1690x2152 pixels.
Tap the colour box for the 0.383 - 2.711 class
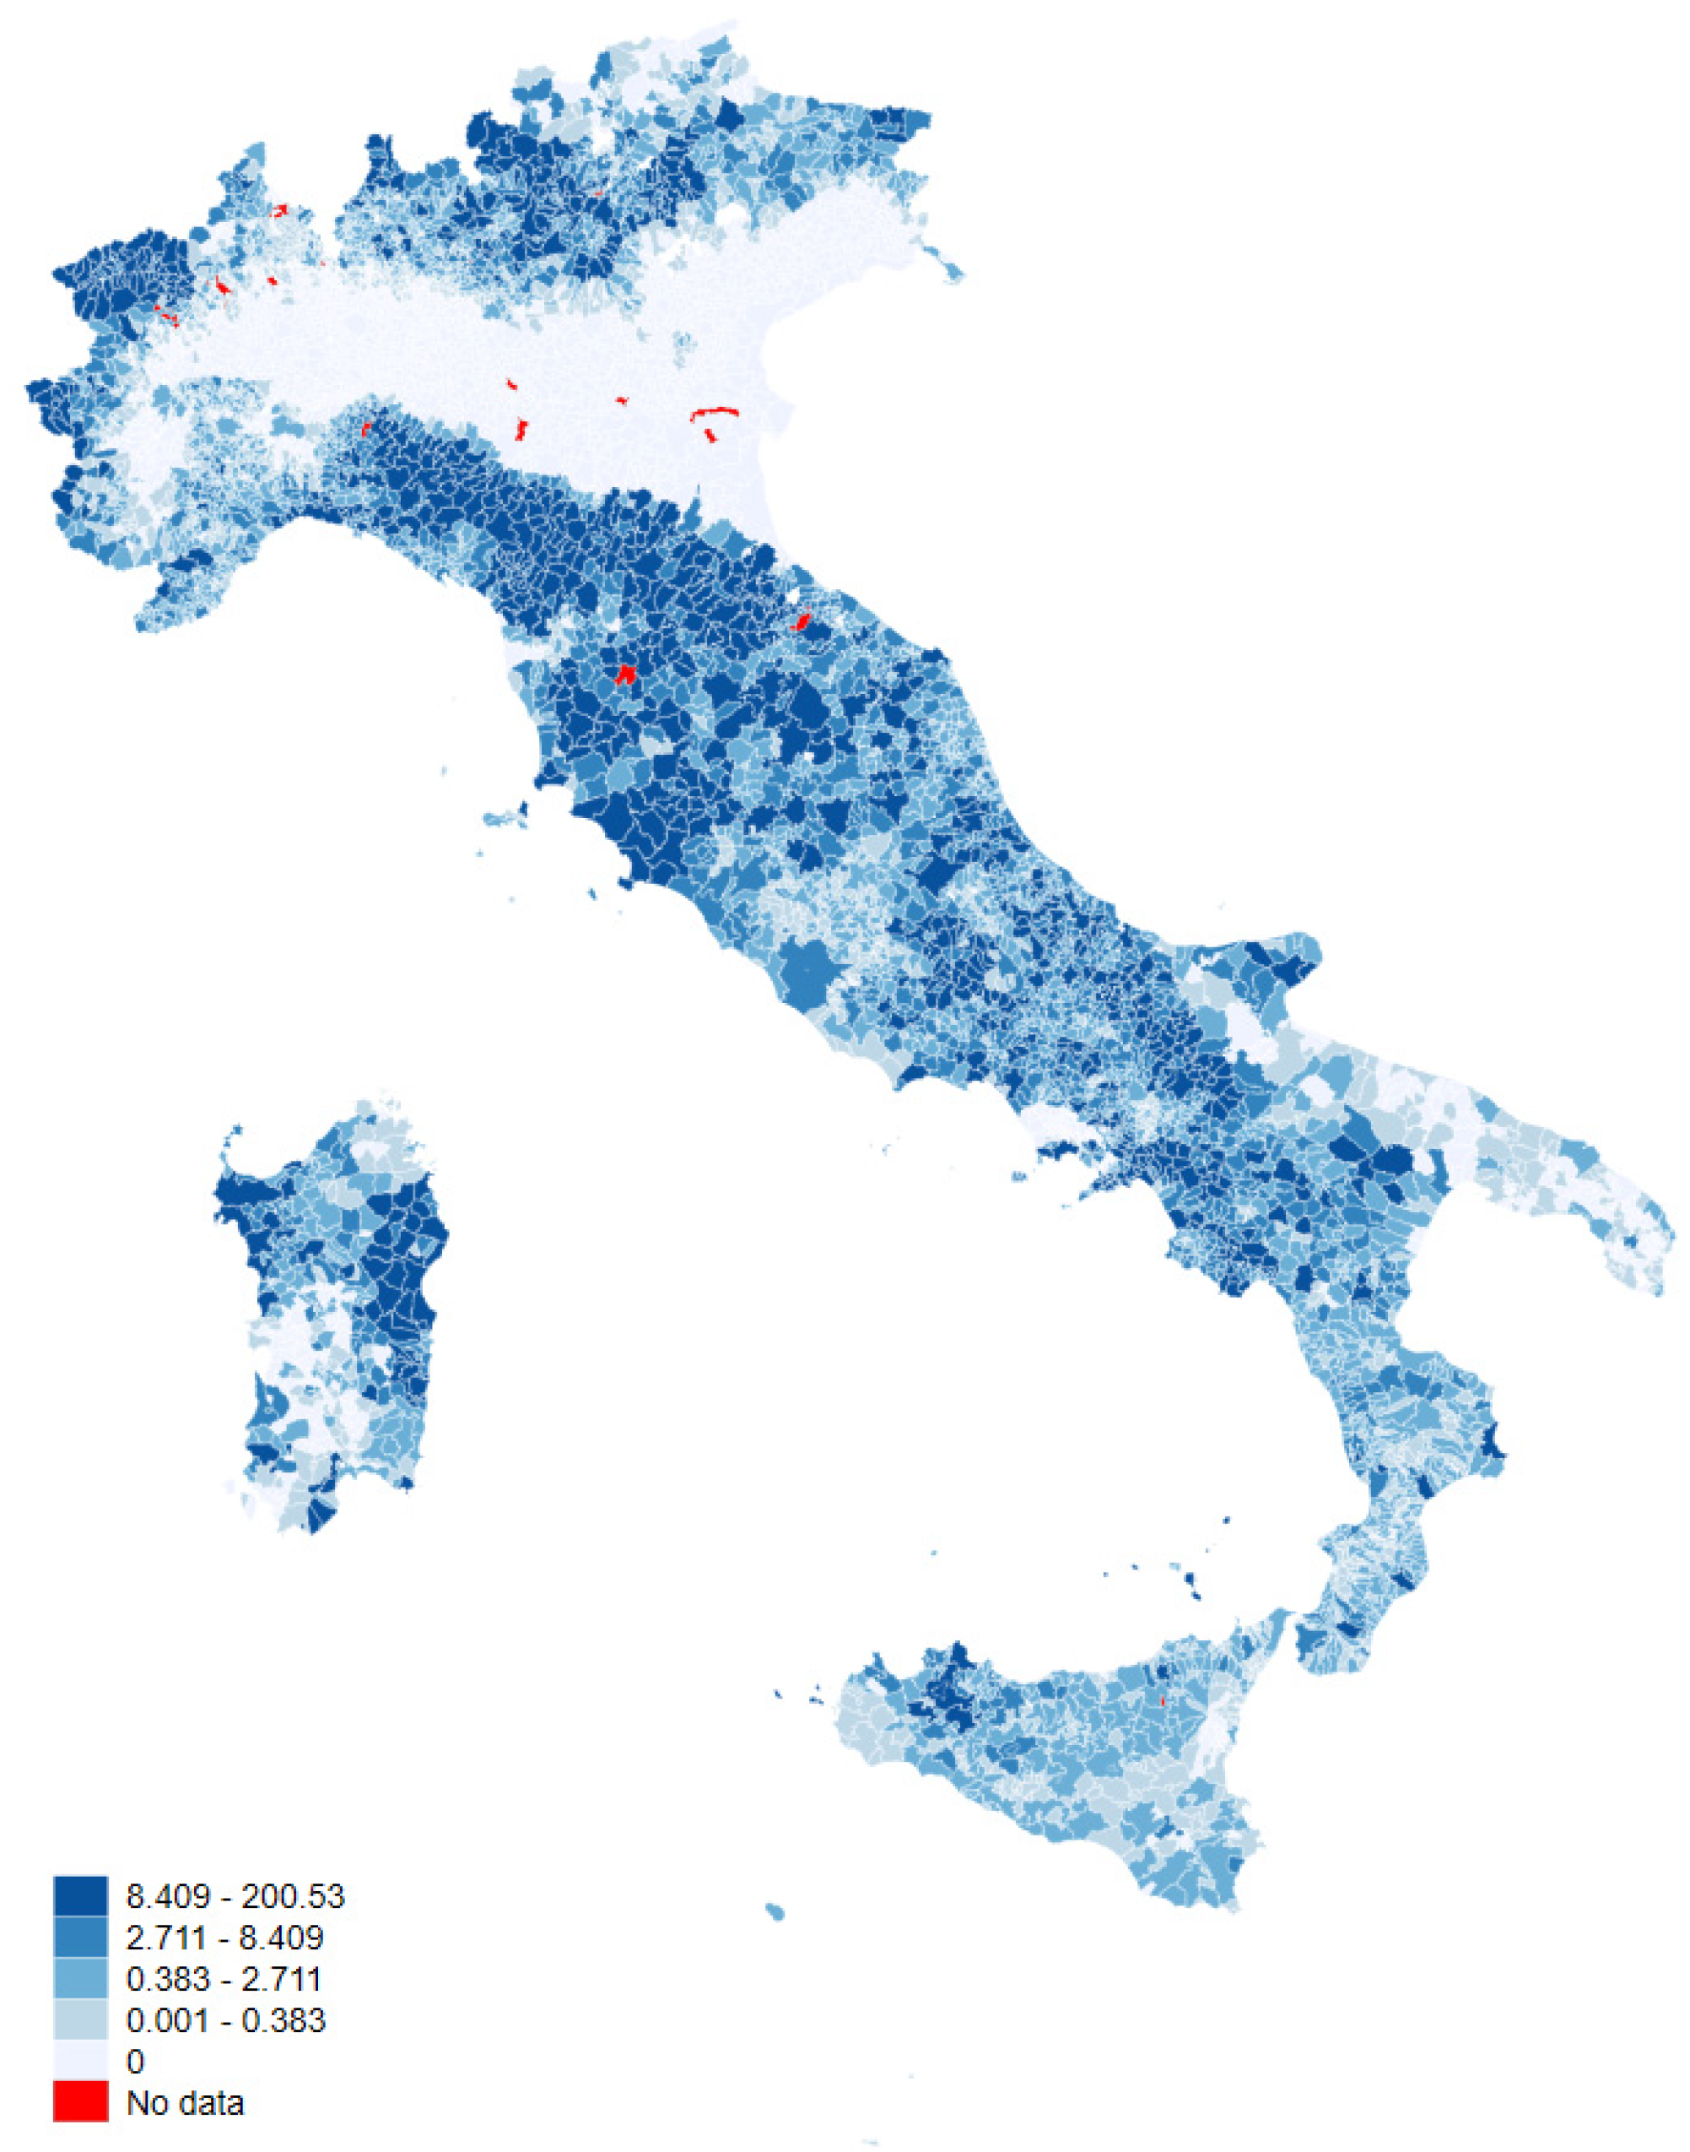pos(80,1978)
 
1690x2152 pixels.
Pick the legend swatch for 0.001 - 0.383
pos(80,2019)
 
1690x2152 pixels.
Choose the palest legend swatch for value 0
pos(80,2061)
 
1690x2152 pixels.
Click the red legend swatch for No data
pos(80,2101)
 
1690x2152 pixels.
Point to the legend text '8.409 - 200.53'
pos(235,1895)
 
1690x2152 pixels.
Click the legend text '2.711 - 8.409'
pos(224,1938)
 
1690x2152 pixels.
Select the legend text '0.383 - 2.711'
pos(224,1979)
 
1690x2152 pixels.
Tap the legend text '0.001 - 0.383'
pos(225,2020)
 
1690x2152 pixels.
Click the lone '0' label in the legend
pos(136,2062)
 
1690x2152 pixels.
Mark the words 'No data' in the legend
pos(185,2102)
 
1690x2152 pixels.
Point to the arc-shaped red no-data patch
pos(715,412)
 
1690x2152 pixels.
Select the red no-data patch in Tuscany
pos(625,675)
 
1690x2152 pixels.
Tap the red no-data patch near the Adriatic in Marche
pos(802,621)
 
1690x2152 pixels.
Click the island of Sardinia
pos(332,1316)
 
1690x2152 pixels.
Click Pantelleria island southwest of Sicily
pos(775,1911)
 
